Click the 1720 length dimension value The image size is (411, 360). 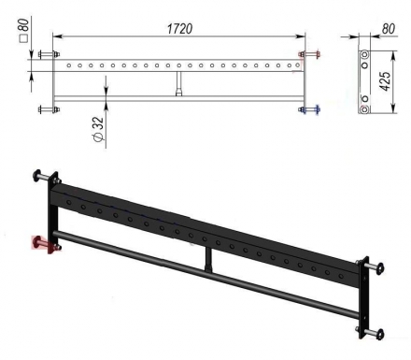[x=180, y=29]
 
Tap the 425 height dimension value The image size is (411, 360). [x=386, y=81]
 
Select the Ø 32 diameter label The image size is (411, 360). [x=98, y=129]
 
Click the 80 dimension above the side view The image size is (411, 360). [x=388, y=29]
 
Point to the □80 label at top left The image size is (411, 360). [x=24, y=30]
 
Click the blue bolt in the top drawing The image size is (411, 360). [x=309, y=109]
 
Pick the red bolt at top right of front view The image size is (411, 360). [x=309, y=54]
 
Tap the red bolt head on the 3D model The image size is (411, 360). [x=38, y=242]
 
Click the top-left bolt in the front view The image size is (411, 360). [x=49, y=54]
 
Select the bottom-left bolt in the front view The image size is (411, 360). [x=49, y=109]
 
